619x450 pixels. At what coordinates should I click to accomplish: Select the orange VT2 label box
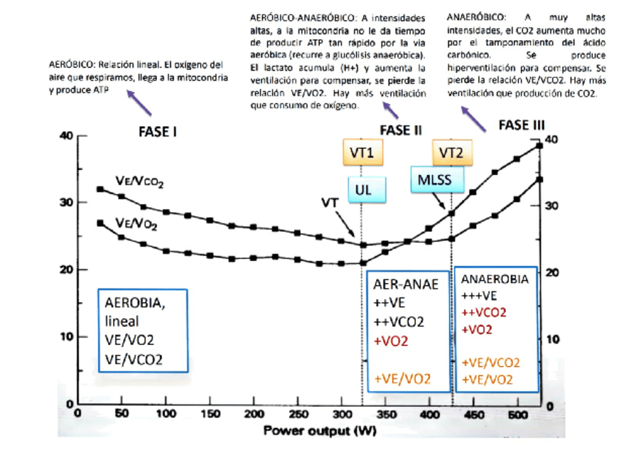tap(451, 153)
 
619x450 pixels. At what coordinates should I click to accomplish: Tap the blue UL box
tap(366, 190)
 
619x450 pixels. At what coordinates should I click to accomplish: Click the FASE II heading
tap(401, 131)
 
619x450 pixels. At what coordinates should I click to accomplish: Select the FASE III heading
tap(521, 125)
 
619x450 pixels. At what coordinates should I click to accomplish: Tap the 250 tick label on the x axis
tap(253, 414)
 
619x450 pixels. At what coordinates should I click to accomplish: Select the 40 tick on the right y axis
tap(552, 139)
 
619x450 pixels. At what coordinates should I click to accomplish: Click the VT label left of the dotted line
tap(330, 202)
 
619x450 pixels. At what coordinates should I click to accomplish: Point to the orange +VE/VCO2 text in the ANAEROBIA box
tap(491, 362)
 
